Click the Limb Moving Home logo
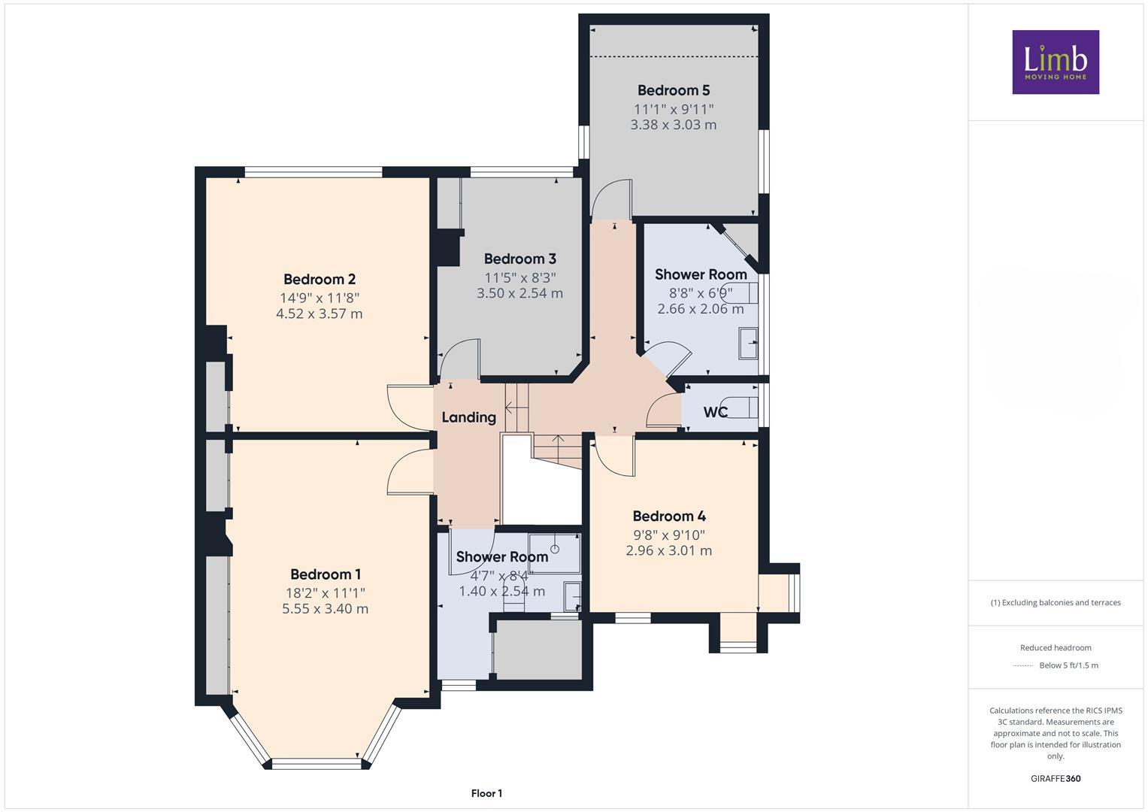1055,62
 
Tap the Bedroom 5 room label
674,90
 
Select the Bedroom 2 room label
319,279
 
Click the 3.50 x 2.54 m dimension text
519,293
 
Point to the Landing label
468,417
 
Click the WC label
715,412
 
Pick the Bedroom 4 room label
668,516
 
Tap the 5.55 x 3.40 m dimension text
325,609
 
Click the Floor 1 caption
486,793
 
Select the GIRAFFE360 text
1055,778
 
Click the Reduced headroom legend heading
1055,647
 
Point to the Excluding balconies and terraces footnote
1055,602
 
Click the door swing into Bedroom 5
609,198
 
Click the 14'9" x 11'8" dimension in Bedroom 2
319,297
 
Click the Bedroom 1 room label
326,574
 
